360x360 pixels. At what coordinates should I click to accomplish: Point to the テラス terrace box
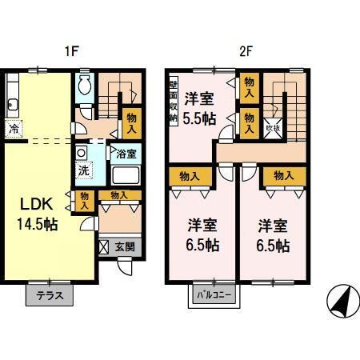point(50,295)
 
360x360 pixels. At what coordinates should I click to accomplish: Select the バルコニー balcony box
point(214,295)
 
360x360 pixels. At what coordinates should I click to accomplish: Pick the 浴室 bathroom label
point(126,153)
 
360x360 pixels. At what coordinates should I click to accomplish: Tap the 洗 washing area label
point(82,170)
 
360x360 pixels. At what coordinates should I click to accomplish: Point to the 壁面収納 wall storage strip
point(172,99)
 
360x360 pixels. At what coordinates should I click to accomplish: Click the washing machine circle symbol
point(82,152)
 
